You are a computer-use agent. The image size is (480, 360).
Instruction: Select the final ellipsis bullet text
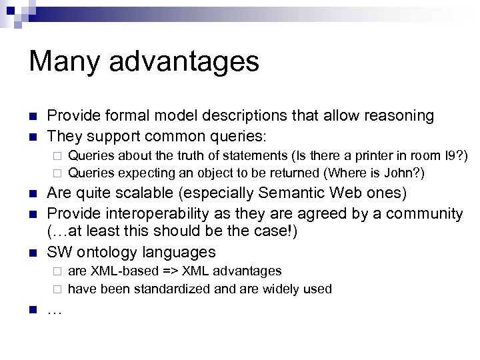coord(53,310)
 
